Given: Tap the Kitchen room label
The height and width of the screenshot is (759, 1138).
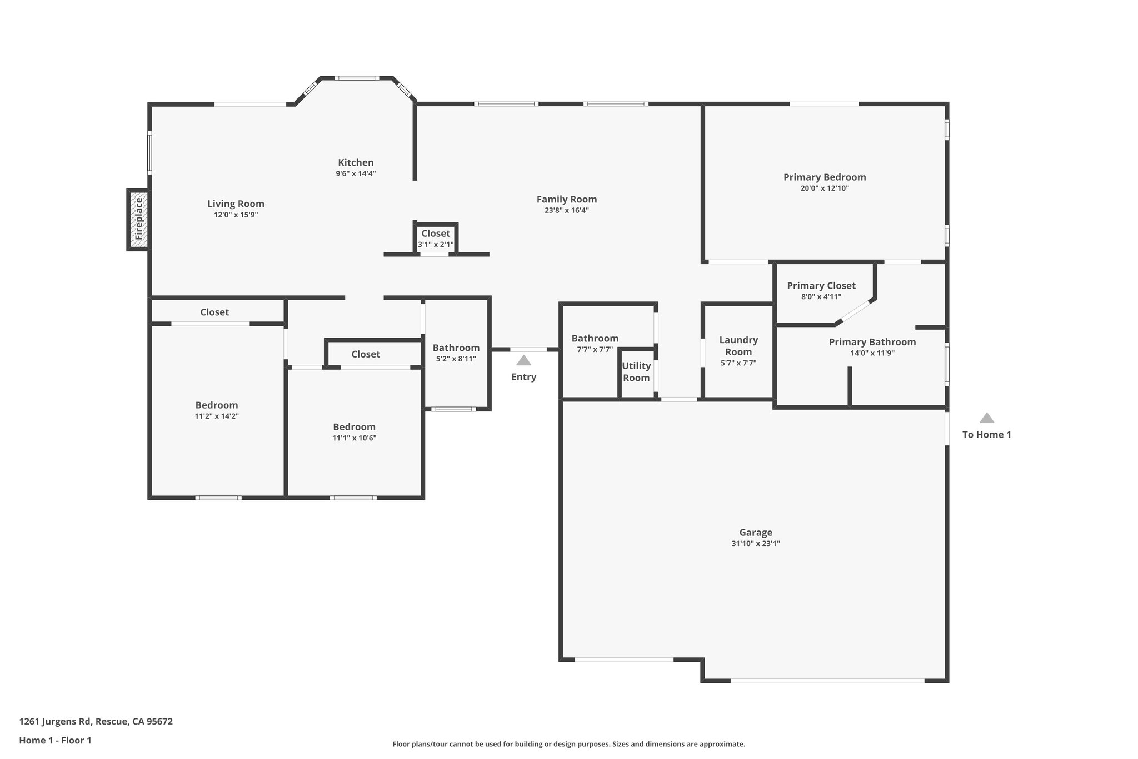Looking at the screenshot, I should click(x=356, y=162).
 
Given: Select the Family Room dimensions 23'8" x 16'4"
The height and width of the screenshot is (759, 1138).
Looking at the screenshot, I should click(x=567, y=210).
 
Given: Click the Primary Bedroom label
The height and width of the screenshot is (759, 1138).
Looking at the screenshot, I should click(x=825, y=177).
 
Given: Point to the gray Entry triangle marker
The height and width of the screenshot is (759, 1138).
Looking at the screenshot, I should click(x=523, y=360).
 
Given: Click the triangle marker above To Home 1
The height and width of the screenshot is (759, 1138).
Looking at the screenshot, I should click(x=986, y=418).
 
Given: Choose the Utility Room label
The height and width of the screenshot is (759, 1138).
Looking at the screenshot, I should click(x=636, y=372).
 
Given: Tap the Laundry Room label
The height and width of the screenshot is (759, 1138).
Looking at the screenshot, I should click(x=738, y=346).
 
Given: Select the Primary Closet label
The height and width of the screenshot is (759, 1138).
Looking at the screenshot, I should click(x=821, y=286).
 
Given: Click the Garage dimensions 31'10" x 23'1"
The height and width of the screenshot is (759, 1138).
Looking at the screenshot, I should click(x=756, y=544).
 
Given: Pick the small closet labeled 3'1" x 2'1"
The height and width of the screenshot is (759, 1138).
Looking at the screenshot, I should click(x=436, y=239).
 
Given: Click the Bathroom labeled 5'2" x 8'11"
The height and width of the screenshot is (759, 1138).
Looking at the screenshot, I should click(x=456, y=353).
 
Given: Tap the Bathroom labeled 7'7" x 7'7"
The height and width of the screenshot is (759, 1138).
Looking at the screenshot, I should click(x=595, y=343).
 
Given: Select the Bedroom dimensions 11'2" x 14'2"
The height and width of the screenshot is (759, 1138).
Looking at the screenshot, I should click(x=217, y=416).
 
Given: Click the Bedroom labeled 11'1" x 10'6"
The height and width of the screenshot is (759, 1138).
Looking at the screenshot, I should click(x=354, y=432).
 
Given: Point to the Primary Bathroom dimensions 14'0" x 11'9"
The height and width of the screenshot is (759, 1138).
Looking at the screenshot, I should click(x=872, y=353).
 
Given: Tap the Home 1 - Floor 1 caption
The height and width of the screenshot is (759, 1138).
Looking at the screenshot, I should click(x=55, y=740).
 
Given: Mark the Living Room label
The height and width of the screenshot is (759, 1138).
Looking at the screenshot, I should click(x=236, y=204).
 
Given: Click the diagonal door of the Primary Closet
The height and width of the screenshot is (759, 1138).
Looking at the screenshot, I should click(x=855, y=311).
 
